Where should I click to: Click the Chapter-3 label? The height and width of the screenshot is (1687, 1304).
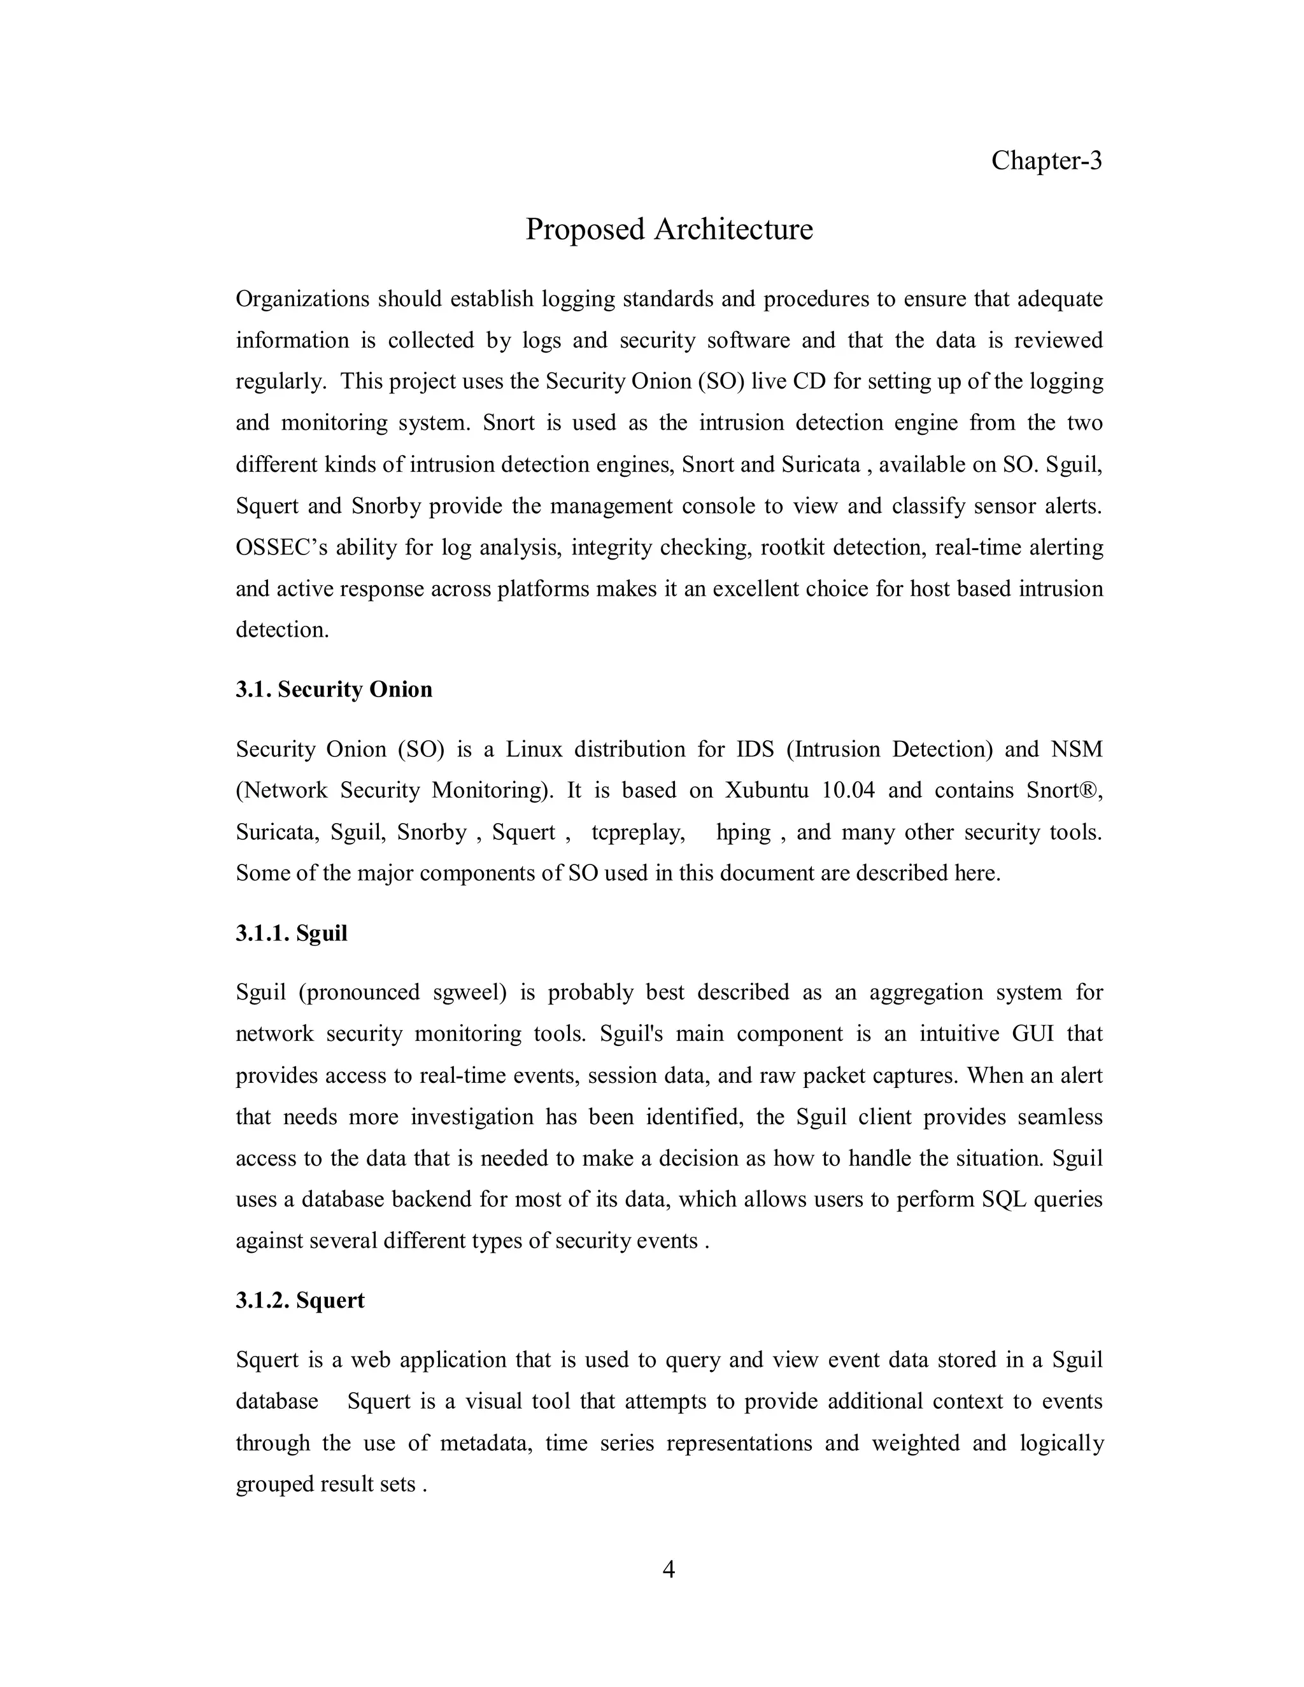pyautogui.click(x=1046, y=160)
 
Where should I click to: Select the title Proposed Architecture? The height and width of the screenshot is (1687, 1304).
pyautogui.click(x=669, y=229)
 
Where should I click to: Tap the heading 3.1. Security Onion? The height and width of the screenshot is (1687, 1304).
pyautogui.click(x=334, y=689)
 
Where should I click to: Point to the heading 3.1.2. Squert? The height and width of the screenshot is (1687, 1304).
pyautogui.click(x=300, y=1300)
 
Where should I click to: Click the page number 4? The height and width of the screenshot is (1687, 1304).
pyautogui.click(x=669, y=1570)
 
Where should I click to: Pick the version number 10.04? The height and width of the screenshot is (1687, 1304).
pyautogui.click(x=848, y=790)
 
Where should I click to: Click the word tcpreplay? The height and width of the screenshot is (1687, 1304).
pyautogui.click(x=638, y=832)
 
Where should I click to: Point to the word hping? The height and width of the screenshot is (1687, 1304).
pyautogui.click(x=743, y=832)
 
